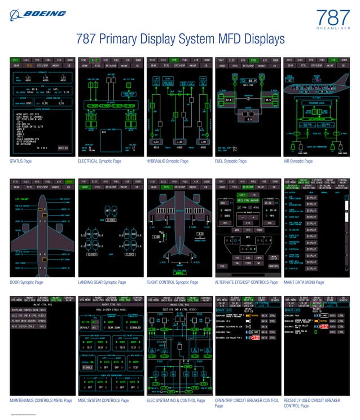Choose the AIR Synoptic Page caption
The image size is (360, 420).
click(x=300, y=161)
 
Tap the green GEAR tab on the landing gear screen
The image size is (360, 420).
click(x=85, y=187)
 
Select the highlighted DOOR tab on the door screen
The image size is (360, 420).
click(x=69, y=181)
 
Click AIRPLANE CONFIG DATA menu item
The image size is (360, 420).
click(x=28, y=310)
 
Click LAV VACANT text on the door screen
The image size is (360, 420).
click(x=23, y=200)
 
